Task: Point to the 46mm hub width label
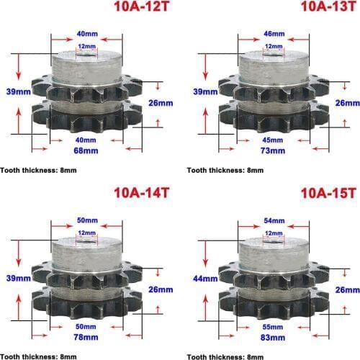[x=273, y=34]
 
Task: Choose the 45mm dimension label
[x=273, y=138]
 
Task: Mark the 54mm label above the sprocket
[x=273, y=218]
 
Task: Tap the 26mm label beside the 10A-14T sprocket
[x=161, y=289]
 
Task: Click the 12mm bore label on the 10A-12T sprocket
[x=86, y=45]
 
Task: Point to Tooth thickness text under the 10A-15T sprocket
[x=225, y=356]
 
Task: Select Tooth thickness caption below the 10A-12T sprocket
[x=38, y=171]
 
